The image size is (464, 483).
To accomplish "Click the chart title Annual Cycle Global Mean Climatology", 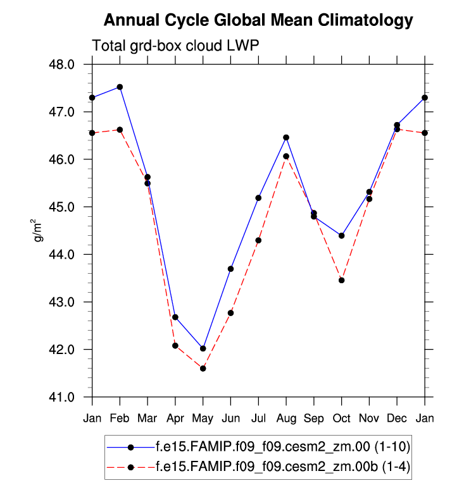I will pos(258,21).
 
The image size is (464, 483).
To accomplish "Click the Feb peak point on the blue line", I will pos(120,87).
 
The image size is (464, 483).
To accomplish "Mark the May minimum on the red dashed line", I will pos(203,368).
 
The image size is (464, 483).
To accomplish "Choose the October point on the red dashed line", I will pos(342,280).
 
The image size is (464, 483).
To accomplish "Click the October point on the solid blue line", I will pos(342,235).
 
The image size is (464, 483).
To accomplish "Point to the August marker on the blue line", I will pos(286,137).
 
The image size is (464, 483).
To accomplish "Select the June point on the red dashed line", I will pos(230,313).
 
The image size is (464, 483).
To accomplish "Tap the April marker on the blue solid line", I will pos(175,317).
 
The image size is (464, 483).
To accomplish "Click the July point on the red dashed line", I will pos(258,240).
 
